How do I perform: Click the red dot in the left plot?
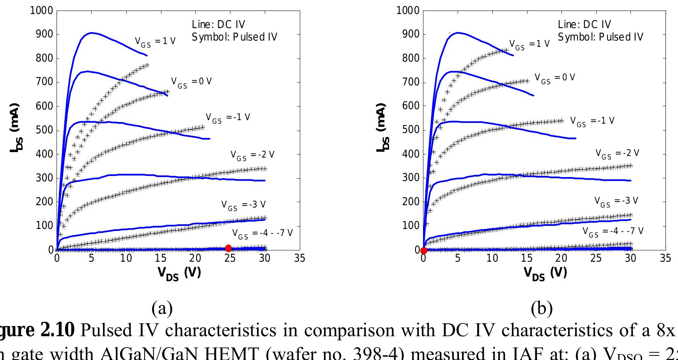click(x=228, y=248)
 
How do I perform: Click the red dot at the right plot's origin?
click(x=423, y=250)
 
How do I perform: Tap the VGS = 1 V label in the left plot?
click(x=155, y=42)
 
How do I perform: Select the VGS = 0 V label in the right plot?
click(x=554, y=78)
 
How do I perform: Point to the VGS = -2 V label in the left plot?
click(x=252, y=155)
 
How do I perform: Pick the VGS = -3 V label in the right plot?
click(x=616, y=202)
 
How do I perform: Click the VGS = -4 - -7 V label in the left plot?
click(x=262, y=234)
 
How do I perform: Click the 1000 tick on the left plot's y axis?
click(x=41, y=11)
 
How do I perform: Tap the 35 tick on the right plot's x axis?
click(x=666, y=258)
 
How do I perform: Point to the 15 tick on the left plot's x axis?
click(x=161, y=258)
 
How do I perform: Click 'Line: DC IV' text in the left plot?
click(x=218, y=25)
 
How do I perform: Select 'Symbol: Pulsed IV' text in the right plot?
click(x=600, y=37)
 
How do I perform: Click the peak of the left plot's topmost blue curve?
click(x=91, y=33)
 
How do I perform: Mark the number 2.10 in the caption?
click(x=57, y=330)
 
